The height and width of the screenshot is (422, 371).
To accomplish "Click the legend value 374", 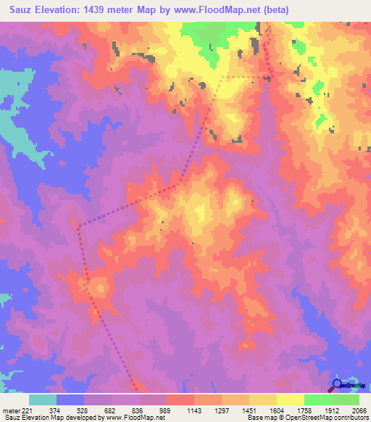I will (x=54, y=409).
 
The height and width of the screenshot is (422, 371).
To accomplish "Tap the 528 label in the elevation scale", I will (x=83, y=409).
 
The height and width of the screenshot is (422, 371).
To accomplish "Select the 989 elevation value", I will (x=166, y=409).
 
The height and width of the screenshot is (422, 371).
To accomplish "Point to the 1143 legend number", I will (x=193, y=409).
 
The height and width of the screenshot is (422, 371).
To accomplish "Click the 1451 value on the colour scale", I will (x=249, y=409).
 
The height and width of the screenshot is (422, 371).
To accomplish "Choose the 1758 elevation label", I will (x=304, y=409).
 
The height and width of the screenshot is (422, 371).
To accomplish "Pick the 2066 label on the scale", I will (x=359, y=409).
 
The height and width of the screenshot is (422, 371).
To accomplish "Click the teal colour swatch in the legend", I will (x=43, y=400).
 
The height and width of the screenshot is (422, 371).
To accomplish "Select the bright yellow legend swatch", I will (x=291, y=400).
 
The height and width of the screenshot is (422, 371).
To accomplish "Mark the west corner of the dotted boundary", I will (x=78, y=227).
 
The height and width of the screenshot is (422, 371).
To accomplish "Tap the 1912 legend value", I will (x=332, y=409).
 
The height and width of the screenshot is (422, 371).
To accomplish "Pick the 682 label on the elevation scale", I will (x=110, y=409).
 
